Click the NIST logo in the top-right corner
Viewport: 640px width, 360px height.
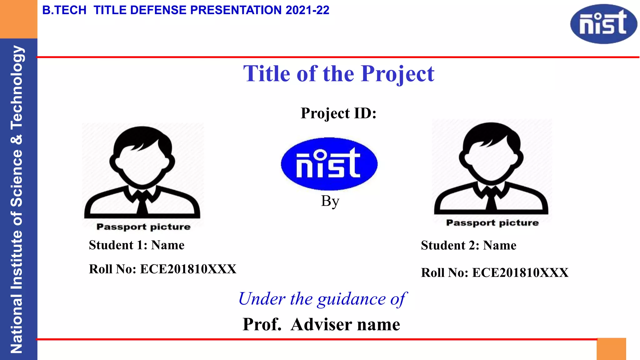(x=603, y=24)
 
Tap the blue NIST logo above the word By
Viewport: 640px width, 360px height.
(x=329, y=164)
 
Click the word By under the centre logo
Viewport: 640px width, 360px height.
(x=330, y=201)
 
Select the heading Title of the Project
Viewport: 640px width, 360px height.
(x=339, y=74)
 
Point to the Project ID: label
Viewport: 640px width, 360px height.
(x=338, y=113)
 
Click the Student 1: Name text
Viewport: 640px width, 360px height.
(x=137, y=245)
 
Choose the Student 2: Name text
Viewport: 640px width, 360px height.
(x=468, y=245)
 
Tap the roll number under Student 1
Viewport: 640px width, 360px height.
(x=162, y=269)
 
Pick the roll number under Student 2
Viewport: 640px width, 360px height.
(x=494, y=273)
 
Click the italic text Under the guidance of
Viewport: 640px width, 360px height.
(x=322, y=299)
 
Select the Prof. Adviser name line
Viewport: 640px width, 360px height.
(x=321, y=324)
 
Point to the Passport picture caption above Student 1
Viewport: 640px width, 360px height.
(x=143, y=227)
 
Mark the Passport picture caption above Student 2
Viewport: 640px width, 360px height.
(x=492, y=223)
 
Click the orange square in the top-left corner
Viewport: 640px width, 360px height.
(x=18, y=19)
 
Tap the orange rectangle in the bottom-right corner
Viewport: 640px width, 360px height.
(x=611, y=349)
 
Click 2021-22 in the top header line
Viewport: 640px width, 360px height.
(x=307, y=10)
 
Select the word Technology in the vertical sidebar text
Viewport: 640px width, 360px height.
(x=17, y=87)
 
